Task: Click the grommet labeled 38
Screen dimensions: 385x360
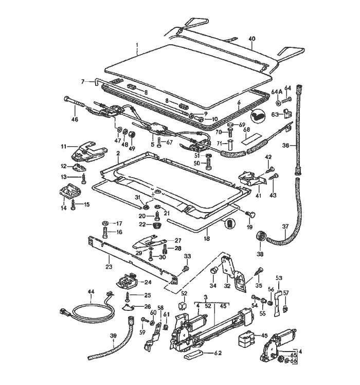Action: point(261,237)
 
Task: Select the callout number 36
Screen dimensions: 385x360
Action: point(286,145)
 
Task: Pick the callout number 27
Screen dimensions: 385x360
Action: point(178,240)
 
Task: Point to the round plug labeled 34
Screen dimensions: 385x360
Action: point(213,271)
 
